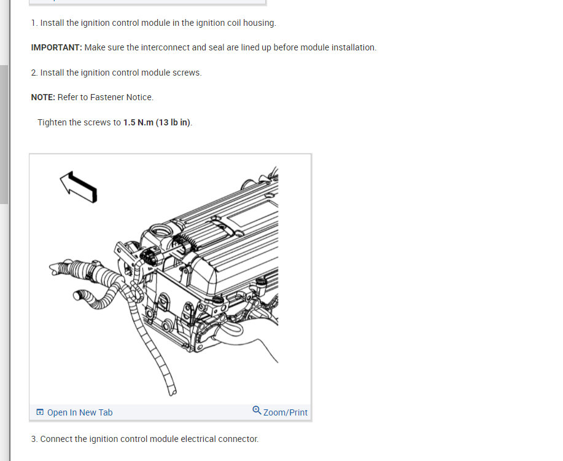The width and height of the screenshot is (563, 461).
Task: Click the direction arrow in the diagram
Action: coord(79,186)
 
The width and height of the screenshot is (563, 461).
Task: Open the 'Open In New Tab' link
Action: coord(79,412)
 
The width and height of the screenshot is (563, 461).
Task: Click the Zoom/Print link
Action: coord(285,412)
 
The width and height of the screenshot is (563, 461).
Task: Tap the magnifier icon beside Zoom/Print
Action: coord(257,411)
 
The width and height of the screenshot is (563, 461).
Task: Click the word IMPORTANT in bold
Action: coord(56,47)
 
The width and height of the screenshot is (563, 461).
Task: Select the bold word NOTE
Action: coord(42,97)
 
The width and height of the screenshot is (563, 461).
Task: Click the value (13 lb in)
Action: coord(173,122)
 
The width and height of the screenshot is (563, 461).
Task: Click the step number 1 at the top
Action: coord(34,23)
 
